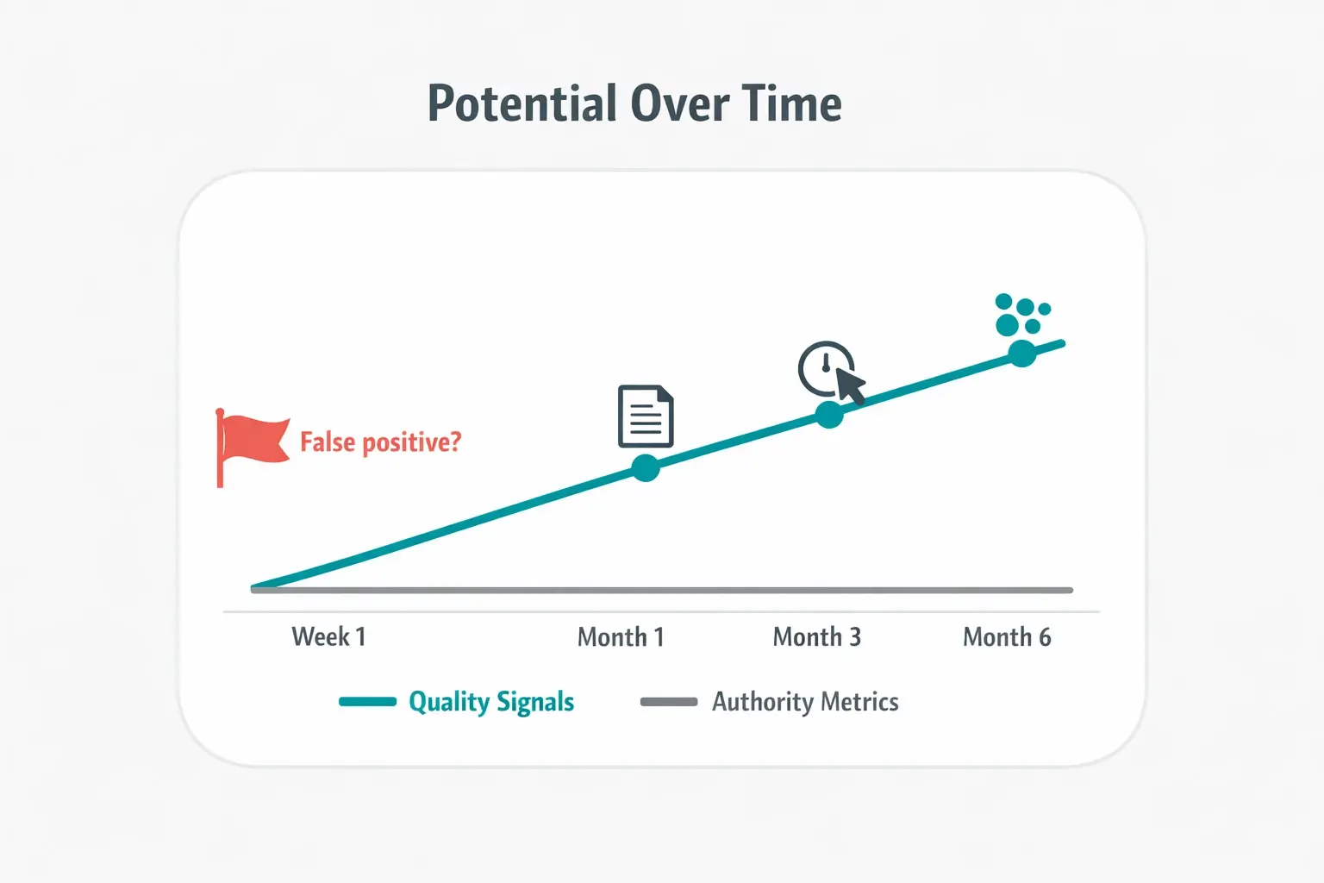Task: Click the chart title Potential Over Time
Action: click(634, 104)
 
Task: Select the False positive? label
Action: click(380, 442)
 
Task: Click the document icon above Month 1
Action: click(646, 416)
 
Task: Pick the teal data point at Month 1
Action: click(646, 467)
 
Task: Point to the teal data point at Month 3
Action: click(829, 415)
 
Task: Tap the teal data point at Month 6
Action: click(1022, 353)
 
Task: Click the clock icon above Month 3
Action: click(825, 368)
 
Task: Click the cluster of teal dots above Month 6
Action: click(1021, 315)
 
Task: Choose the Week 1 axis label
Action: click(328, 637)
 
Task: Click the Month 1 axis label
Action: click(621, 637)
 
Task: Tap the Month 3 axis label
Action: click(816, 637)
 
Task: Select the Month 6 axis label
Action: click(1007, 637)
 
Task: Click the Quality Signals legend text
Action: click(491, 702)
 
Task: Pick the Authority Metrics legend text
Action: click(805, 702)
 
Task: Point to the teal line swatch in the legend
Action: click(368, 702)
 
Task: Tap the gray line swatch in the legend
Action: click(669, 702)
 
